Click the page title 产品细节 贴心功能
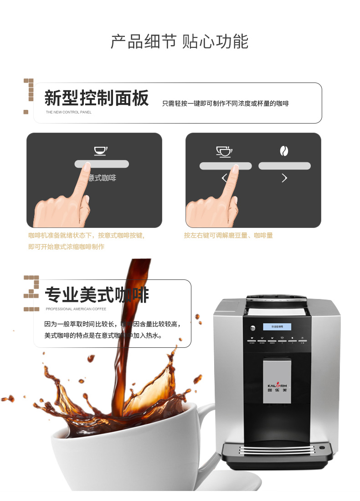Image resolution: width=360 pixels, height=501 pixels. [180, 41]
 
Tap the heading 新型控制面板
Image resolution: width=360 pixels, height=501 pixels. [97, 98]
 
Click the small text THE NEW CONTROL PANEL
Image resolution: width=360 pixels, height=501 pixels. [68, 112]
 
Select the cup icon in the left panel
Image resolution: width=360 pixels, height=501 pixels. [101, 150]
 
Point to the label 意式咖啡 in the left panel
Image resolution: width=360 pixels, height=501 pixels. [103, 178]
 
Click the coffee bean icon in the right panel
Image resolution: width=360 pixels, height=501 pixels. [284, 151]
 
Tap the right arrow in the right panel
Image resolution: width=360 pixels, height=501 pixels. [284, 178]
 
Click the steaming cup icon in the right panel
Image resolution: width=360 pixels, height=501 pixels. [224, 151]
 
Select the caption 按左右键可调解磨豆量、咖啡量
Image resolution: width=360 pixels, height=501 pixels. [228, 236]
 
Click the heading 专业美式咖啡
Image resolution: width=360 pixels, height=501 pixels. [97, 295]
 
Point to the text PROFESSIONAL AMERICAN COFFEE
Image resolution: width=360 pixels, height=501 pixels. [76, 309]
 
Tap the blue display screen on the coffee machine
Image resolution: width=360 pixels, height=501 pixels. [277, 327]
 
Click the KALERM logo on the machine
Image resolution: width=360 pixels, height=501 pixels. [277, 386]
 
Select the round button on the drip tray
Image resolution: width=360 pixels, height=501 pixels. [322, 447]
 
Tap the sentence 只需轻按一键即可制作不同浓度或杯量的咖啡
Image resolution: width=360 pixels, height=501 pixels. [226, 104]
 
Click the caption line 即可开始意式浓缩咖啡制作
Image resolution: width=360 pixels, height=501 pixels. [67, 247]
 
